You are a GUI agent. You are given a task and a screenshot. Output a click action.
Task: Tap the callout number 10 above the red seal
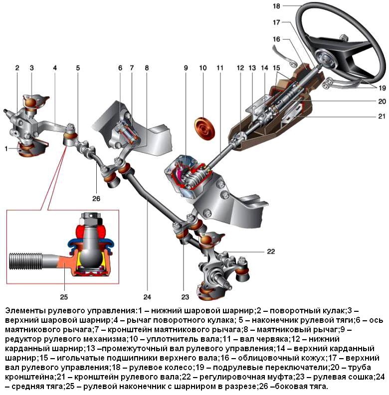click(202, 67)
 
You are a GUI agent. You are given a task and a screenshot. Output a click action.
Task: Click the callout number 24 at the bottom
click(147, 297)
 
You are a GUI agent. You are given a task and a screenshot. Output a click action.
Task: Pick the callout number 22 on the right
click(270, 252)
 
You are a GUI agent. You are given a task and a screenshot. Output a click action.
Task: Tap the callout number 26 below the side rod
click(96, 198)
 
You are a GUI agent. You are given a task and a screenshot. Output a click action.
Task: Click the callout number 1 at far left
click(5, 148)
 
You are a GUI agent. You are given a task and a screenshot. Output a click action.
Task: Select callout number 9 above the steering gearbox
click(185, 67)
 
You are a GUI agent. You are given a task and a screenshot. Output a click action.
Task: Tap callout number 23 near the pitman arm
click(186, 297)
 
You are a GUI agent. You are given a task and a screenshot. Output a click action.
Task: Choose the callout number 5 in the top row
click(78, 67)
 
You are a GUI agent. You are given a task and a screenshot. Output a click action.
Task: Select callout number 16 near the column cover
click(277, 39)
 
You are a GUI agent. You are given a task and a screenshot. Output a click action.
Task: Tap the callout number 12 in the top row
click(240, 67)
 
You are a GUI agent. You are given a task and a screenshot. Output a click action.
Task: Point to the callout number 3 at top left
click(31, 67)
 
